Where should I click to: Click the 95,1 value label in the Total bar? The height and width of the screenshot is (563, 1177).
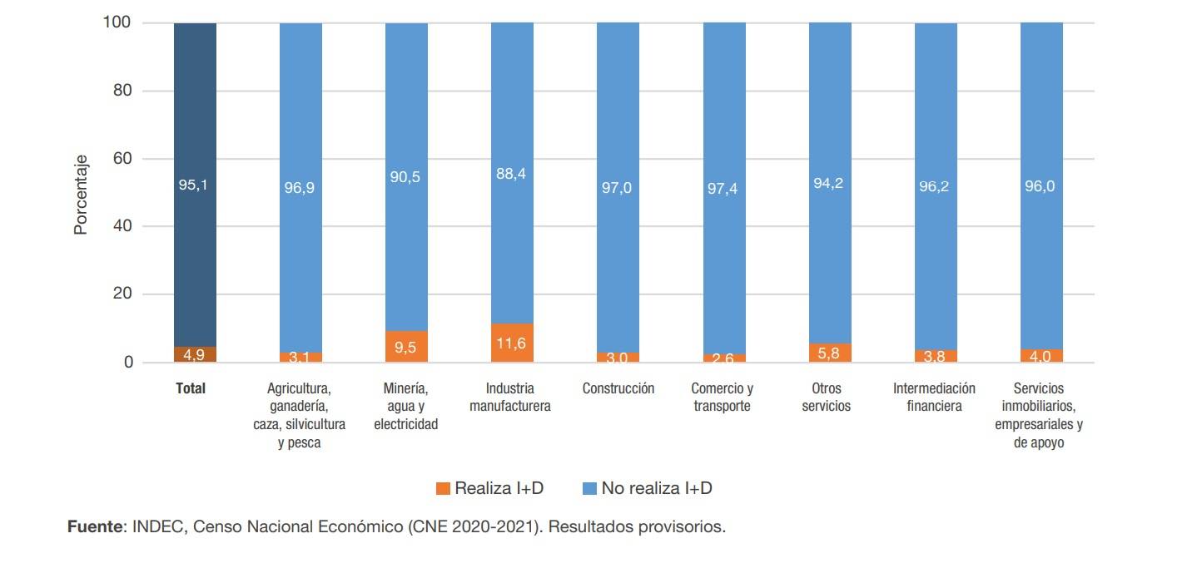tap(193, 185)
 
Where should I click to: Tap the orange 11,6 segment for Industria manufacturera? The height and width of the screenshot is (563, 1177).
tap(512, 343)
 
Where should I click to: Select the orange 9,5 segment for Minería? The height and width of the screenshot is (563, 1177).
tap(406, 347)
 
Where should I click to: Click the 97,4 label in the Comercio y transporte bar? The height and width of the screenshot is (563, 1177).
tap(723, 189)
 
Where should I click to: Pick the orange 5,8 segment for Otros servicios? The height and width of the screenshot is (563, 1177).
tap(830, 353)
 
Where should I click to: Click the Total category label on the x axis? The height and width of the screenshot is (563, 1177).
tap(191, 388)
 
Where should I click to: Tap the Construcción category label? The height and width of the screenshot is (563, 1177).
tap(618, 388)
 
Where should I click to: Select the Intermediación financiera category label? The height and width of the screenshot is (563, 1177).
tap(934, 398)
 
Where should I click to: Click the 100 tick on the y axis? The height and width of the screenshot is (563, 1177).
tap(117, 22)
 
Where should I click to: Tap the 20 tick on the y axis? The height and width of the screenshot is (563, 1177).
tap(123, 294)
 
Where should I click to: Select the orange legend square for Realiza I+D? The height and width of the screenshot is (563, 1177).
tap(443, 488)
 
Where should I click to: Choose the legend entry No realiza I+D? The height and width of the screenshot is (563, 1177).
tap(648, 488)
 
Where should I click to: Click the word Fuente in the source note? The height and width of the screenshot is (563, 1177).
tap(94, 527)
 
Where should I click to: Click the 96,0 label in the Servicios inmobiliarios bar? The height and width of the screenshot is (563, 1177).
tap(1040, 186)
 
